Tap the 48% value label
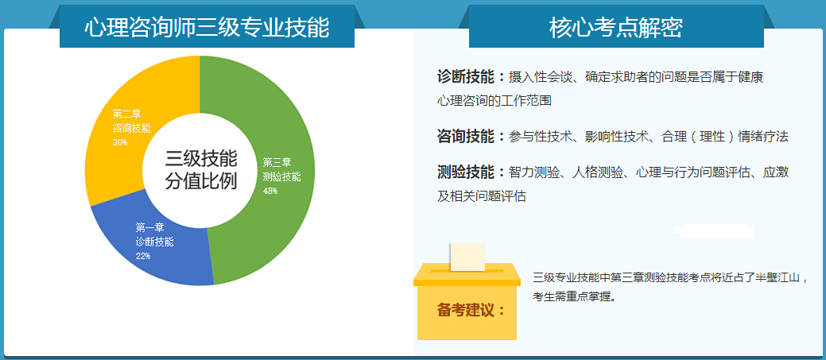tap(270, 191)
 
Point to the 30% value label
tap(119, 142)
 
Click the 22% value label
tap(143, 257)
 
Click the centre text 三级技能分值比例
tap(200, 169)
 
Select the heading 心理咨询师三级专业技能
tap(207, 28)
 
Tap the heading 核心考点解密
tap(616, 28)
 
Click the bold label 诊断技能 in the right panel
tap(466, 77)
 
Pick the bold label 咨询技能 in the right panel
tap(466, 137)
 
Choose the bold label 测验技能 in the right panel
tap(466, 172)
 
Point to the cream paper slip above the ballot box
tap(467, 257)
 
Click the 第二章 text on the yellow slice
tap(126, 114)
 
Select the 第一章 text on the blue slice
tap(149, 228)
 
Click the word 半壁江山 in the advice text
tap(777, 278)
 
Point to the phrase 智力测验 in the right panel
tap(534, 172)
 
